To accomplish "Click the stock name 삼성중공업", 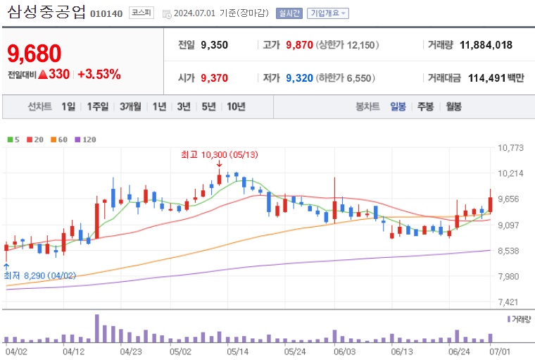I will (x=46, y=12).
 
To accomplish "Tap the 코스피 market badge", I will (x=141, y=13).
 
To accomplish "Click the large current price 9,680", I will (x=34, y=53).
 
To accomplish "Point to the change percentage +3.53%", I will (x=99, y=74).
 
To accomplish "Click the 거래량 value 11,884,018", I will (x=486, y=45).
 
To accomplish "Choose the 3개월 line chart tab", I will (x=131, y=106).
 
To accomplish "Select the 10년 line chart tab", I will (x=235, y=106).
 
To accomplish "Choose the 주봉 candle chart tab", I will (x=425, y=106).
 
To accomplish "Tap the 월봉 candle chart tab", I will (x=453, y=106).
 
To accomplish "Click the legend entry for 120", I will (x=85, y=139).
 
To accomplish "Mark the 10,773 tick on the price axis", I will (x=510, y=148).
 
